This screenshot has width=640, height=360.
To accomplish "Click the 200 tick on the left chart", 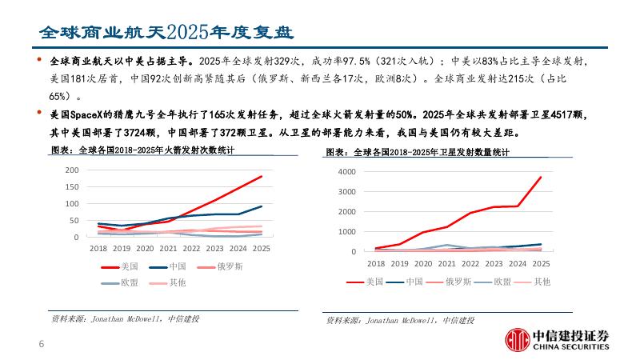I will click(72, 170).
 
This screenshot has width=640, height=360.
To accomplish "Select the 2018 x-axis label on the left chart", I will click(98, 249).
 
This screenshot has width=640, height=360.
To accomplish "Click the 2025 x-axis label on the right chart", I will click(541, 263).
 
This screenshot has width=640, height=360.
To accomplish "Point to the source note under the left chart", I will click(125, 318).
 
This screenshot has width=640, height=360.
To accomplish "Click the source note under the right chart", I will click(399, 320).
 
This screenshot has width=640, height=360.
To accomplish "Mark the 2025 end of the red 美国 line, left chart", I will click(262, 176).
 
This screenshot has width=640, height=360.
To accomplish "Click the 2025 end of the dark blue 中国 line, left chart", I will click(262, 206).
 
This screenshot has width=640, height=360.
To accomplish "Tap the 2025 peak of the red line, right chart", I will click(541, 177).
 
